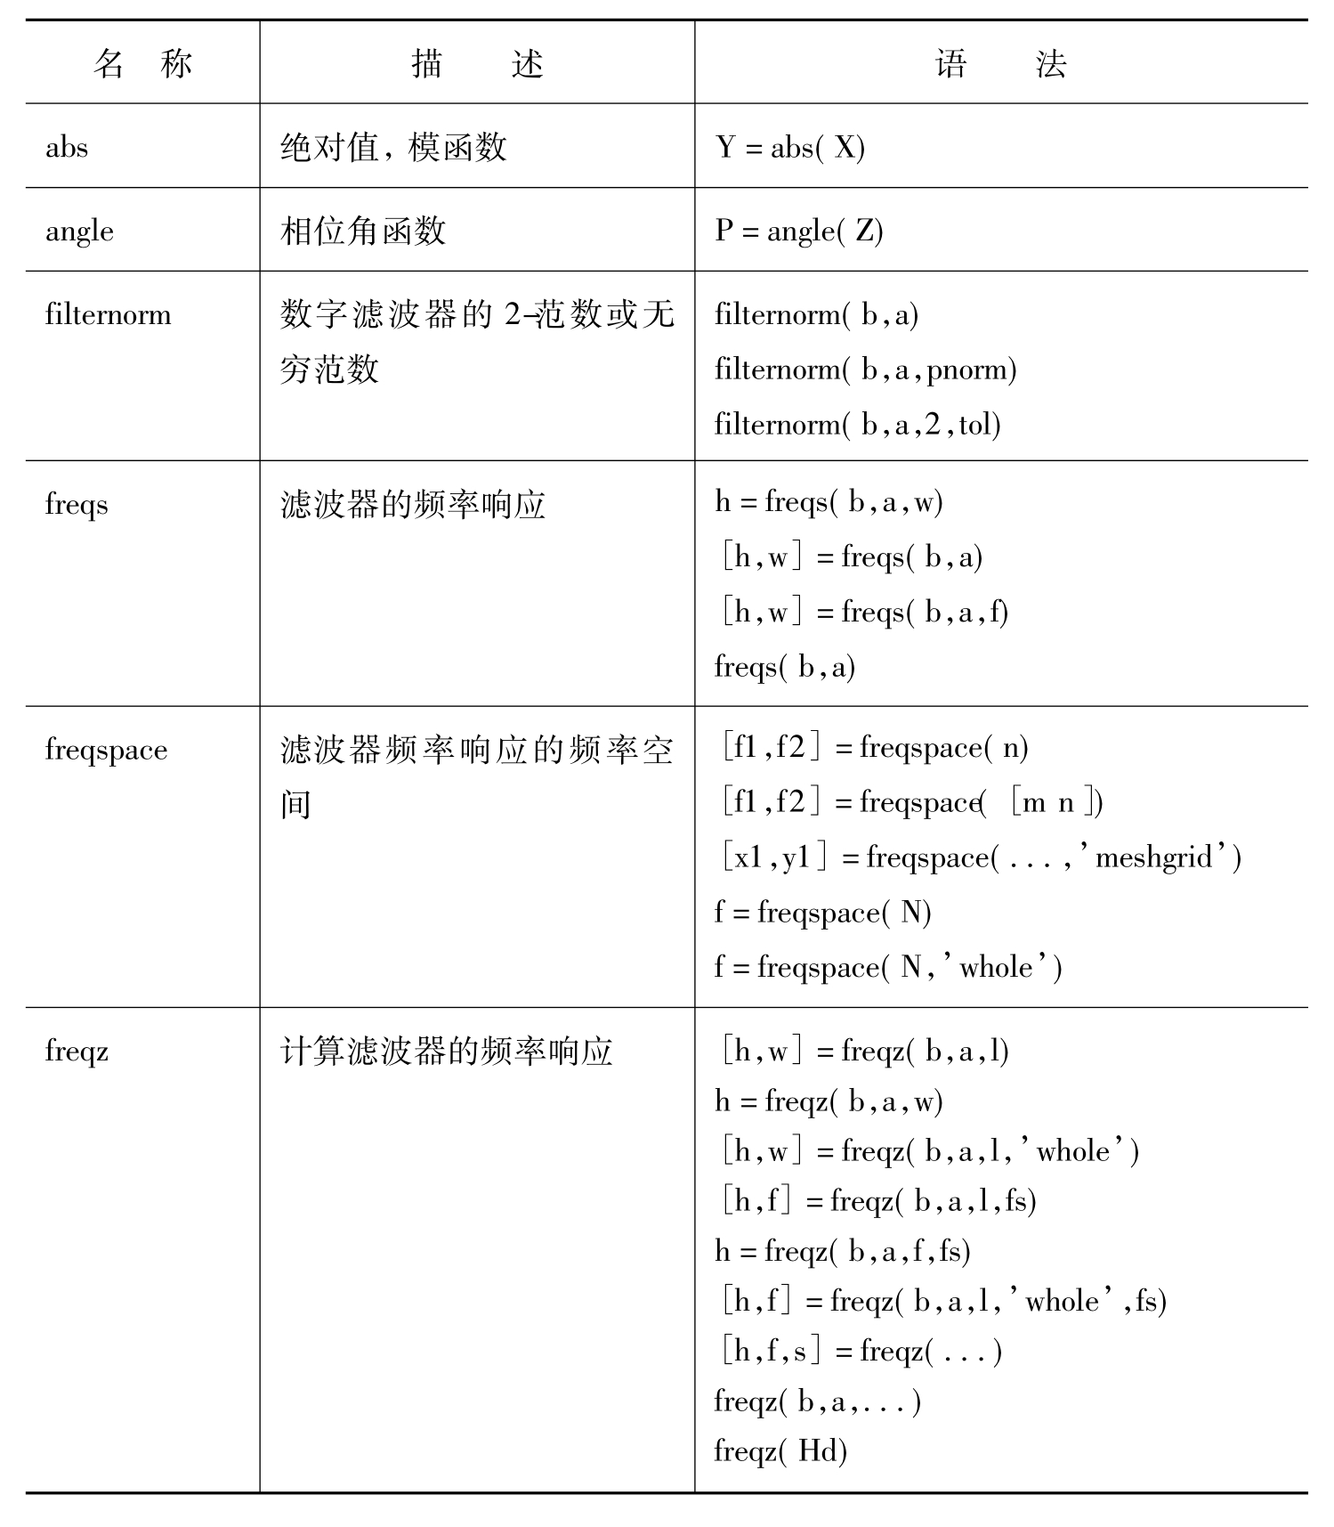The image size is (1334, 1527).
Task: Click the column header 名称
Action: click(142, 64)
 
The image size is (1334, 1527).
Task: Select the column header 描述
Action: click(477, 64)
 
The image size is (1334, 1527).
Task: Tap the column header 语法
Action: click(1000, 64)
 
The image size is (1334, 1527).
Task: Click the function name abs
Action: click(67, 147)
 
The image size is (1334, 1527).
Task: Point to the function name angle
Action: click(79, 231)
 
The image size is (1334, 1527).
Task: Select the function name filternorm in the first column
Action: click(108, 315)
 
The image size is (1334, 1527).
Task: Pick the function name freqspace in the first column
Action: click(106, 750)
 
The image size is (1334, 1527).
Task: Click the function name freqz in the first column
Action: click(77, 1052)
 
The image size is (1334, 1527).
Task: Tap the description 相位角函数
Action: click(362, 231)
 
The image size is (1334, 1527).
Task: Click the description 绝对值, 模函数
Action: click(393, 147)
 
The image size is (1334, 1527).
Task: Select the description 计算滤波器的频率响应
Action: click(446, 1052)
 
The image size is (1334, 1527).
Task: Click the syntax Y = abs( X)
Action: click(789, 147)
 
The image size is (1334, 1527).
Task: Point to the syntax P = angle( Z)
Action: click(798, 231)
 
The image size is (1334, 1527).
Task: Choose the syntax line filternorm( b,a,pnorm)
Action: click(865, 370)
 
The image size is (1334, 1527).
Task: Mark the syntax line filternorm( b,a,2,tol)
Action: click(857, 425)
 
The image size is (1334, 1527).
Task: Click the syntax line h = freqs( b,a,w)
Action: click(829, 502)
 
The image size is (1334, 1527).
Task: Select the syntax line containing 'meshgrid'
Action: click(981, 857)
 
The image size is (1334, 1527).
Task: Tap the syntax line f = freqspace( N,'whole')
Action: click(887, 967)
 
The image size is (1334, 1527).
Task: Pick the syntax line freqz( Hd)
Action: click(780, 1451)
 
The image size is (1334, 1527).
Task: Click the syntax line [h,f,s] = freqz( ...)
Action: click(861, 1352)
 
